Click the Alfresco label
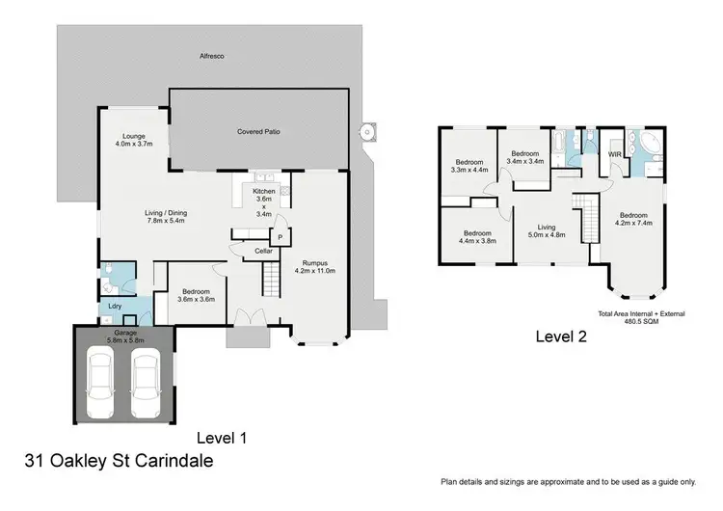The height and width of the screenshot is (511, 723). click(x=212, y=57)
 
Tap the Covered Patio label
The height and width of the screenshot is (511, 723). click(x=258, y=130)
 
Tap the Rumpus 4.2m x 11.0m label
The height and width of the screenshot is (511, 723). click(x=314, y=266)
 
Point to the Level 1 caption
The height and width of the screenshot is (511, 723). click(x=222, y=437)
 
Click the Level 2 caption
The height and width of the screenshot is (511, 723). click(x=560, y=336)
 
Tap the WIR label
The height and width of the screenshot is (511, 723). click(x=614, y=154)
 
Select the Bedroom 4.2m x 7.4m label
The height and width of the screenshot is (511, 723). click(x=633, y=219)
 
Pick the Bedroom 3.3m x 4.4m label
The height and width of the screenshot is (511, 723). click(x=470, y=165)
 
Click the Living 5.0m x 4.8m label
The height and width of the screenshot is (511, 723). click(x=547, y=232)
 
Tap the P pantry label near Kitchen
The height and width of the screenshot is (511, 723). click(x=280, y=236)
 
